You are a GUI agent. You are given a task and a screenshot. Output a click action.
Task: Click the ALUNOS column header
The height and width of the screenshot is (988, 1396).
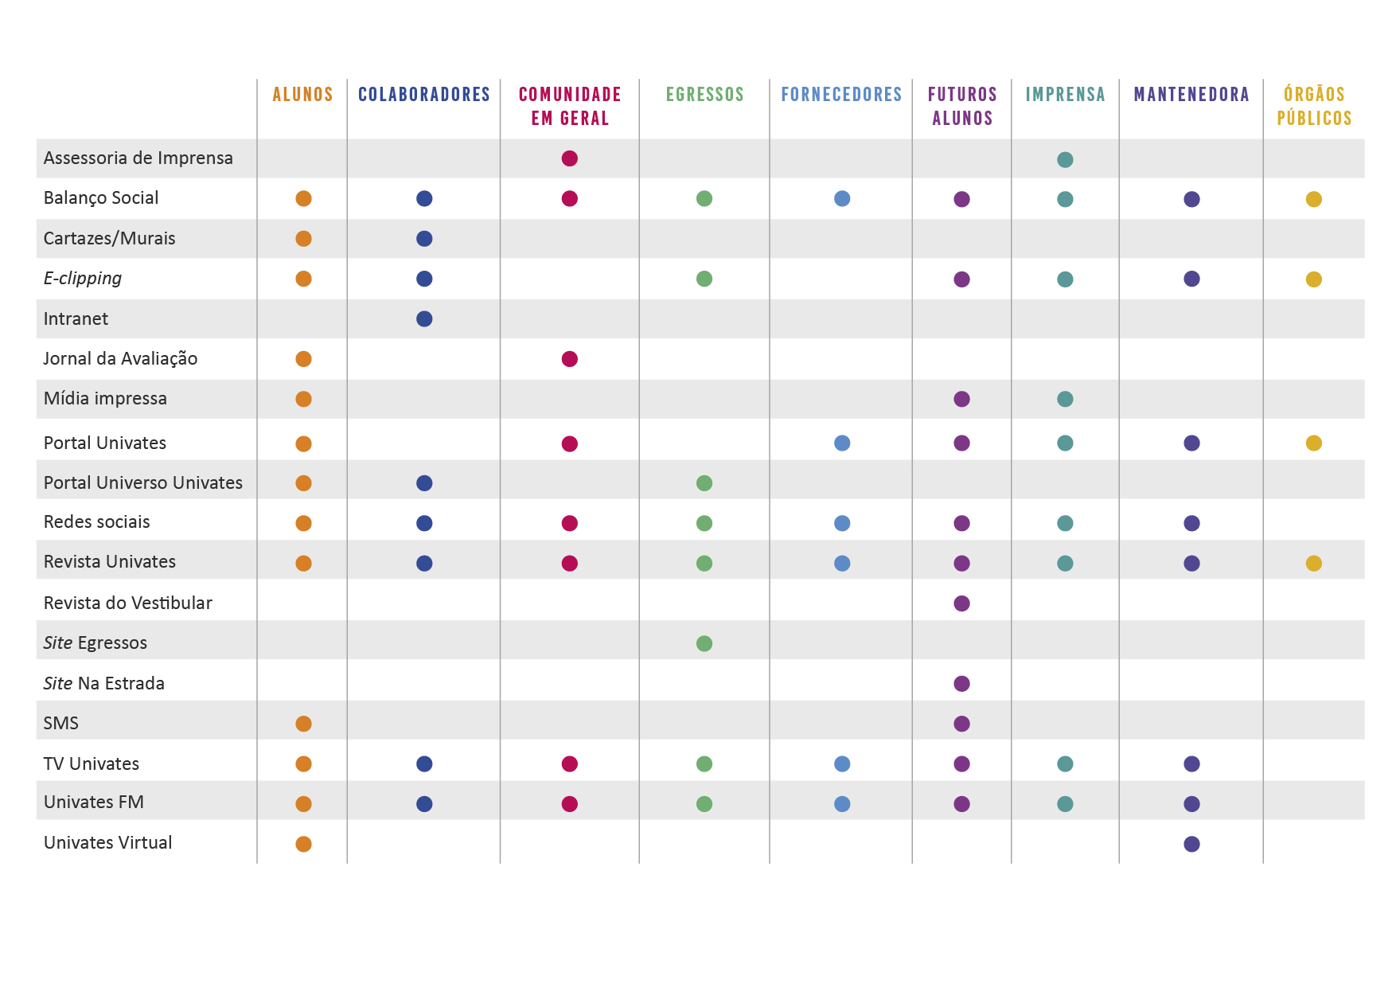click(x=302, y=95)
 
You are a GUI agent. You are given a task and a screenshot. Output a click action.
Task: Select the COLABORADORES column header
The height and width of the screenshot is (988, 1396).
click(x=423, y=95)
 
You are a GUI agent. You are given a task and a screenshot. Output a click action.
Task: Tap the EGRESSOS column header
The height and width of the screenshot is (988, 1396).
click(x=704, y=95)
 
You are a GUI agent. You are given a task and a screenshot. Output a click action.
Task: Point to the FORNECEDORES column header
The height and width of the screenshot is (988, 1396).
click(x=841, y=95)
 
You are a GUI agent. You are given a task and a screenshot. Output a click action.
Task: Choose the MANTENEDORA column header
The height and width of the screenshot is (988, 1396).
click(x=1191, y=95)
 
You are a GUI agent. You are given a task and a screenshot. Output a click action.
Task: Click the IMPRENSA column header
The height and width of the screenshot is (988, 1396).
click(x=1065, y=95)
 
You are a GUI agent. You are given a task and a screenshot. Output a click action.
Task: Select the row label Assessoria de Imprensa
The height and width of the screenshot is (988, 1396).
click(x=138, y=158)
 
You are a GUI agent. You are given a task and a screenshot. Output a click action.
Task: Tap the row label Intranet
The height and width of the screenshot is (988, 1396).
click(x=76, y=319)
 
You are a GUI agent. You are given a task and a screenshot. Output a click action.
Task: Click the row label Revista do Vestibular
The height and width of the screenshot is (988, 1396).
click(x=127, y=603)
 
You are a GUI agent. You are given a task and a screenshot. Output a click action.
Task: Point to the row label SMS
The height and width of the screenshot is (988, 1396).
click(x=61, y=724)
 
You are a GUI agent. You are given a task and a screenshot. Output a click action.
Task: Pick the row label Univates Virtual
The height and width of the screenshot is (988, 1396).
click(x=107, y=843)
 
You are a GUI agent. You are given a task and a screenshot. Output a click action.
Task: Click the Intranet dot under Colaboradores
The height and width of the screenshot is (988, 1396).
click(x=424, y=319)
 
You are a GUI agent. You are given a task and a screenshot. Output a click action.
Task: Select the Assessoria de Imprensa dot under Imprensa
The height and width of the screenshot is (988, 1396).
click(x=1065, y=159)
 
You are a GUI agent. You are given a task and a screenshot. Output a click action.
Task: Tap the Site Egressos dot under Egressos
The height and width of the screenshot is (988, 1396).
click(x=704, y=643)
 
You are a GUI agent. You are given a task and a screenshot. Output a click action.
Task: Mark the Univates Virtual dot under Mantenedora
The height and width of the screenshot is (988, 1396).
click(x=1191, y=844)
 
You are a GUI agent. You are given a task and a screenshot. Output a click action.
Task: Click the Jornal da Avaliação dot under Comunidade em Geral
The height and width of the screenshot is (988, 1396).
click(x=569, y=359)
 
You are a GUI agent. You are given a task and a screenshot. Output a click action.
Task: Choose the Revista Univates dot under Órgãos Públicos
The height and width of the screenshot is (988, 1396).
click(x=1314, y=564)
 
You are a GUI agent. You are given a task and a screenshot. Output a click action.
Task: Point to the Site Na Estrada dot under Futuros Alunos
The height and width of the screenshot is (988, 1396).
click(x=961, y=683)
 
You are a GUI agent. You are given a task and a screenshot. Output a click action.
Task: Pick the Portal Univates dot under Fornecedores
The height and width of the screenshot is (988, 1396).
click(x=842, y=443)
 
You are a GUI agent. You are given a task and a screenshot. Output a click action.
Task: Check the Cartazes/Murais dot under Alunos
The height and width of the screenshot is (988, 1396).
click(x=303, y=239)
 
